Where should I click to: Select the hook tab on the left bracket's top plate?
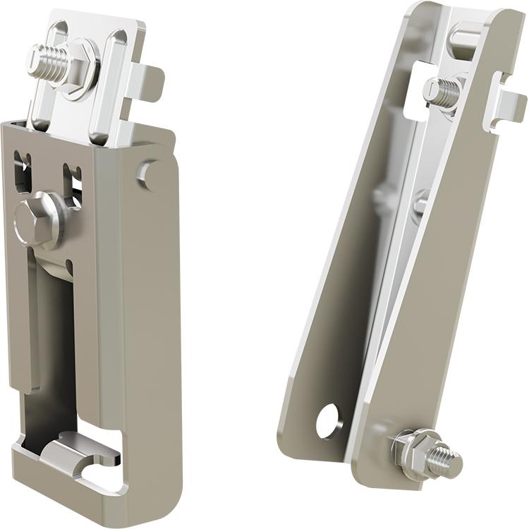[x=151, y=81]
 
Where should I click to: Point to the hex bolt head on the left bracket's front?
[x=36, y=218]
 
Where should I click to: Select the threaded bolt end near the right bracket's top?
[x=441, y=92]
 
